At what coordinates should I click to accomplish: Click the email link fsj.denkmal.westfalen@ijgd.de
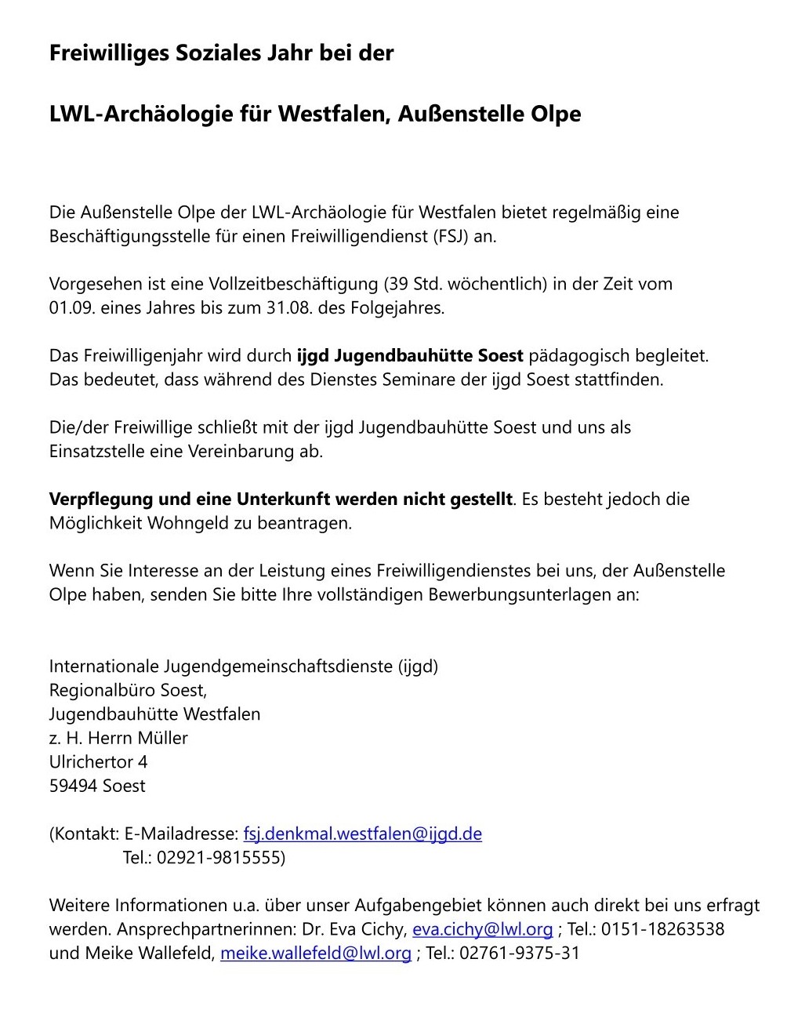(x=362, y=834)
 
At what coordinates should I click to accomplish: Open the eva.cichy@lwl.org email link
(x=482, y=929)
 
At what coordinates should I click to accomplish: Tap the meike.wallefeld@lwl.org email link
(x=315, y=953)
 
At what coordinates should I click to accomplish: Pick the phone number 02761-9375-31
(x=519, y=953)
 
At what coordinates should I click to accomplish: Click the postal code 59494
(x=73, y=786)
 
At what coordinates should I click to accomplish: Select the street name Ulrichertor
(x=91, y=761)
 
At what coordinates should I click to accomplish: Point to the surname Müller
(x=162, y=738)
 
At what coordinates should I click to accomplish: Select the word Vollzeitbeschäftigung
(x=294, y=284)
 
